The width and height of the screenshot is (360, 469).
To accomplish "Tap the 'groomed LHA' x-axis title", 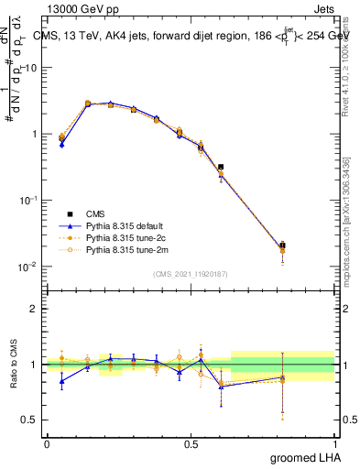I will [300, 457].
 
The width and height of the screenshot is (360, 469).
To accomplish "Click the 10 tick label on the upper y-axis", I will [28, 67].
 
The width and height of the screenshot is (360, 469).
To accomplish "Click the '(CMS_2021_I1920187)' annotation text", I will [191, 273].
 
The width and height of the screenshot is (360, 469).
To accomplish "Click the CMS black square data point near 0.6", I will [221, 168].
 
